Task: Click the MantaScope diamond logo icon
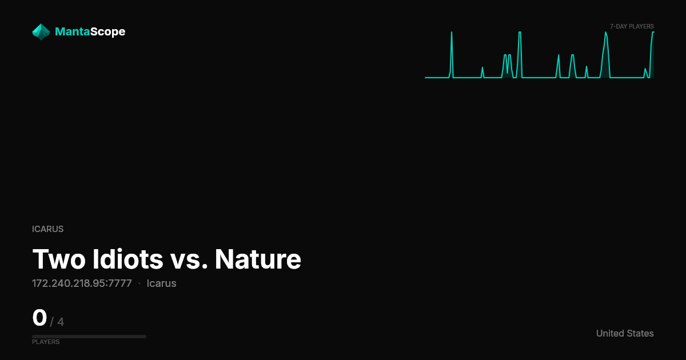(41, 32)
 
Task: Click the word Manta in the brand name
(72, 31)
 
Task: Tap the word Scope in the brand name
(108, 32)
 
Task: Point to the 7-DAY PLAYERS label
(632, 27)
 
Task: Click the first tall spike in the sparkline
(452, 32)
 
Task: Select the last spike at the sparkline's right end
(653, 32)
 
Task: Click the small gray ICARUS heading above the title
(48, 229)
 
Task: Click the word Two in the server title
(59, 259)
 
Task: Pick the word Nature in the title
(258, 259)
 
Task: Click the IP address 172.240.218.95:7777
(82, 283)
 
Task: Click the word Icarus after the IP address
(161, 283)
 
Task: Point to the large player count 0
(39, 318)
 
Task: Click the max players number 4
(61, 322)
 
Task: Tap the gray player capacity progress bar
(89, 337)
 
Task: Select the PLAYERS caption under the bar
(46, 342)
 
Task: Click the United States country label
(625, 333)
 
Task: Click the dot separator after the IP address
(139, 283)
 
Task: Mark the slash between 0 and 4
(52, 322)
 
